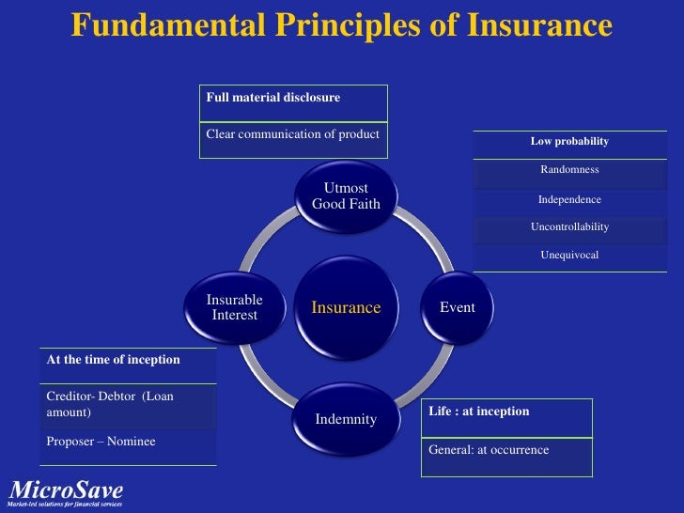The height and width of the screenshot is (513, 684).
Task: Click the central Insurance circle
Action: (346, 308)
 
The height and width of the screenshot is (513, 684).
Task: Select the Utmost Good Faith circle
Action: (346, 195)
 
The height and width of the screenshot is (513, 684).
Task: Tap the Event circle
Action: (458, 308)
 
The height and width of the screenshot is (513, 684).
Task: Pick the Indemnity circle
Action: (346, 419)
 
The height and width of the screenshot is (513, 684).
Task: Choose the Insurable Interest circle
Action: (235, 307)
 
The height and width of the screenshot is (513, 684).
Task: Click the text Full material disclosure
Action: (272, 97)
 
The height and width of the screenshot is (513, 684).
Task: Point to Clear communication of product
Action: (292, 133)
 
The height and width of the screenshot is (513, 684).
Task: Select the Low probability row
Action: (569, 142)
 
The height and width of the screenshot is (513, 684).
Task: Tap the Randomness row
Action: (569, 170)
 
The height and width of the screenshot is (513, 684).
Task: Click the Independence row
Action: (569, 199)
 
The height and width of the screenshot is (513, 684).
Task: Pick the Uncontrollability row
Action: (569, 227)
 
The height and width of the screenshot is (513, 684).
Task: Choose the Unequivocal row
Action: (569, 256)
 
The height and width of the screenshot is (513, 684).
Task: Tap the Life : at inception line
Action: (479, 412)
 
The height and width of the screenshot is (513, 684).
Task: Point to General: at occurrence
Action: (489, 450)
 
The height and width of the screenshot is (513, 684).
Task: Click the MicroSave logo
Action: (66, 491)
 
